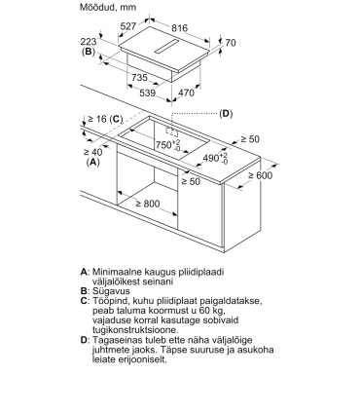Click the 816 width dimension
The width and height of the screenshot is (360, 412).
[x=179, y=28]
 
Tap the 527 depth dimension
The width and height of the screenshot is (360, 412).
[x=128, y=25]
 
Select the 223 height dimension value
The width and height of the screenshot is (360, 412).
[x=89, y=42]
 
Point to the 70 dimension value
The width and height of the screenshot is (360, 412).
[x=230, y=43]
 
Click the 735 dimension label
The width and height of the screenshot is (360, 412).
[x=139, y=77]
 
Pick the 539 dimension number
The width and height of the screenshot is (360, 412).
[x=147, y=93]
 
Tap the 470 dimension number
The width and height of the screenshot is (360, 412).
[x=186, y=93]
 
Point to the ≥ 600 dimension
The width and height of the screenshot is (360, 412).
[x=261, y=175]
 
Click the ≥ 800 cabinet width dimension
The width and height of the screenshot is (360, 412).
[x=148, y=204]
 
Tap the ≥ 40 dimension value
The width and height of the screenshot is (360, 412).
[x=92, y=152]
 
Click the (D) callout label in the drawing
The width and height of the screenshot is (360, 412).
[x=226, y=114]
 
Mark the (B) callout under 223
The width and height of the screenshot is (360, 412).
[x=89, y=52]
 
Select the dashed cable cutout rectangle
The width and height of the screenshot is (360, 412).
[x=172, y=131]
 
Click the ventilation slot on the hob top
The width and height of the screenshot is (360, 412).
[x=166, y=47]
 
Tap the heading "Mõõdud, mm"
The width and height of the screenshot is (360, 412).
[x=108, y=7]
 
